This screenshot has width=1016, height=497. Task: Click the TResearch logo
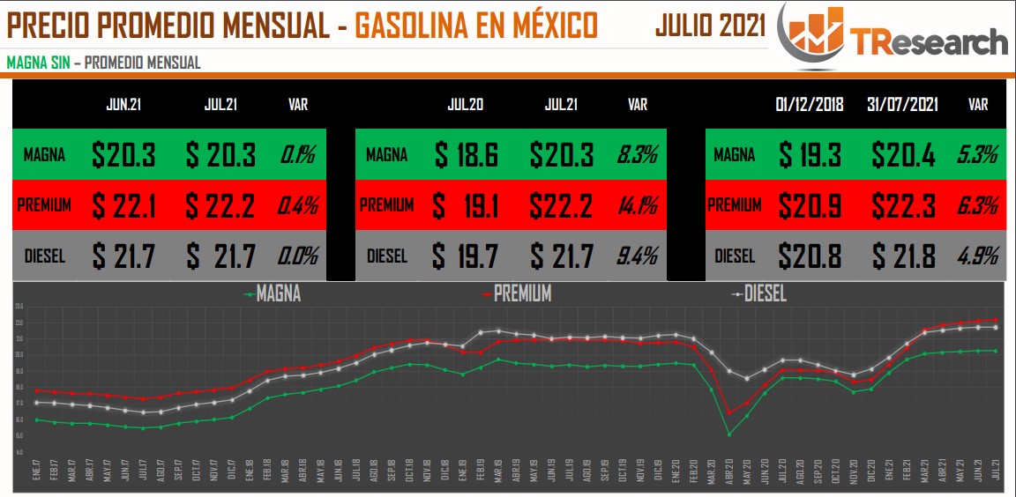[893, 36]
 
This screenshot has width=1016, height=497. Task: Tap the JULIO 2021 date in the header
[710, 26]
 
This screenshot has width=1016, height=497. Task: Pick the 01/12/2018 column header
[810, 104]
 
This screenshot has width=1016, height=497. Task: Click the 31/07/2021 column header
[901, 104]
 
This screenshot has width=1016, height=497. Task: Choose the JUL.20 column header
[465, 104]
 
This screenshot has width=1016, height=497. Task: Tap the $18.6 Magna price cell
[467, 156]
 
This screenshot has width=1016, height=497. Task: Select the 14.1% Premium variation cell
[637, 205]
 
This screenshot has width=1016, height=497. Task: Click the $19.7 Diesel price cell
[467, 256]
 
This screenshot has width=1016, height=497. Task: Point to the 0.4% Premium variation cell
[298, 205]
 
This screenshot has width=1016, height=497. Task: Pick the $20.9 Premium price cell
[810, 205]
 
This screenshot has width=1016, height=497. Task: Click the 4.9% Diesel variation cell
[977, 256]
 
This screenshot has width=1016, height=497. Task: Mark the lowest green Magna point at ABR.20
[729, 434]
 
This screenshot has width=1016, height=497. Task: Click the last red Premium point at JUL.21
[996, 320]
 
